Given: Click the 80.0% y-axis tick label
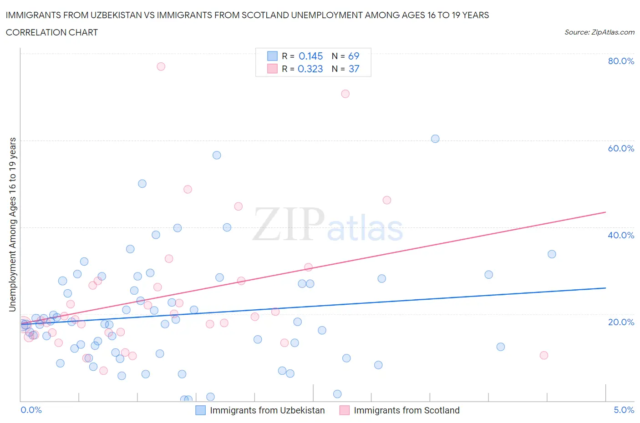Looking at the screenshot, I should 621,61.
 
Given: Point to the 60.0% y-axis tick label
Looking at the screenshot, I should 621,148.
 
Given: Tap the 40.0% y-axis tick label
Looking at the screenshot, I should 621,235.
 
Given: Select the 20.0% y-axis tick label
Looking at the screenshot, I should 621,322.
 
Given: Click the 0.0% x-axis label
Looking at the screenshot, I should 31,410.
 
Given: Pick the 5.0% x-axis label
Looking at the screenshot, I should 624,410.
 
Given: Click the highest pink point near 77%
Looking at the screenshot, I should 161,66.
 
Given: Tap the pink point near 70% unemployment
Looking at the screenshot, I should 345,94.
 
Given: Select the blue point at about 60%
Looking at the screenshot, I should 435,139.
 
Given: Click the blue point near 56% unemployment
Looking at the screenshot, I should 217,155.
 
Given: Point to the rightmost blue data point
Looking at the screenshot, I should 552,254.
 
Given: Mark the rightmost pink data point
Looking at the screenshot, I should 543,355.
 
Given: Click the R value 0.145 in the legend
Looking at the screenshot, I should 310,56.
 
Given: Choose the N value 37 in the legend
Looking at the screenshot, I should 354,69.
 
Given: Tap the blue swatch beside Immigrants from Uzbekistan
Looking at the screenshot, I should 200,410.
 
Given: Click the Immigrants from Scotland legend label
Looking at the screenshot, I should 406,410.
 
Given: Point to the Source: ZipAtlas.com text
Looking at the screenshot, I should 599,32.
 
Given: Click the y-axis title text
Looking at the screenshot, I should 13,224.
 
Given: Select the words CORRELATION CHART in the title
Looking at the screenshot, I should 52,32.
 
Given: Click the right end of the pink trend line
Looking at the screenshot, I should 605,212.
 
